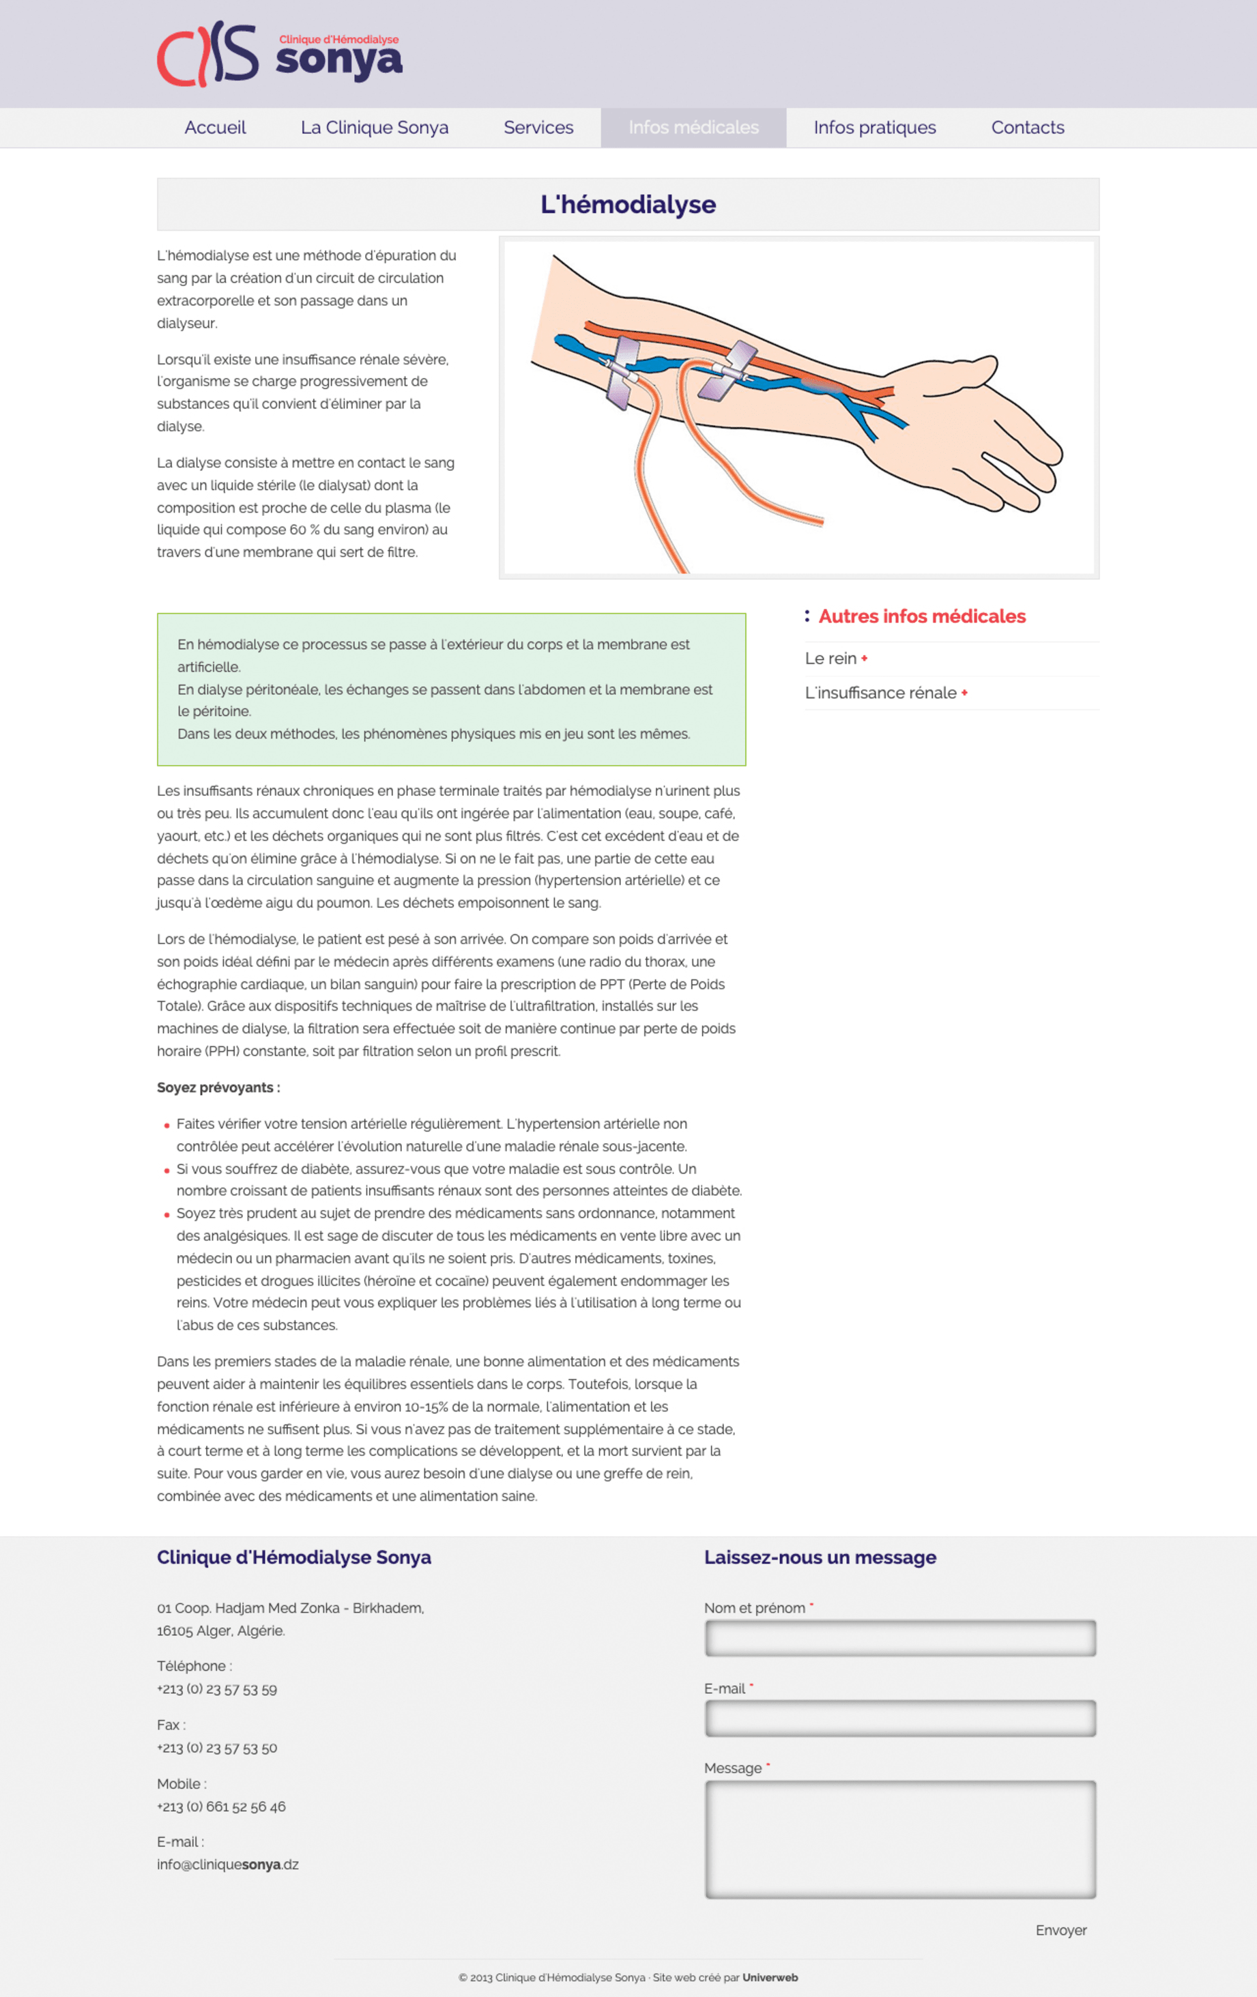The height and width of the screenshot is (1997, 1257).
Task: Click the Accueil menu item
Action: pos(215,128)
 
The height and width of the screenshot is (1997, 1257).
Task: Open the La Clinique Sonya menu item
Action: pos(374,128)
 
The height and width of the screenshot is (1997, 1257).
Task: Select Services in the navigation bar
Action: pos(538,128)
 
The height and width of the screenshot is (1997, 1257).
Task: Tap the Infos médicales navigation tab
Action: pos(693,128)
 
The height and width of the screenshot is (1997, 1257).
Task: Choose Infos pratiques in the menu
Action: pos(874,128)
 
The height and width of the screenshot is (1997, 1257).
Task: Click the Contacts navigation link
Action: pos(1027,128)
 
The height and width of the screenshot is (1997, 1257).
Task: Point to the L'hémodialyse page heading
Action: pos(628,205)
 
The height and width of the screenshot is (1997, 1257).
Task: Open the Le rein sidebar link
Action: pos(830,659)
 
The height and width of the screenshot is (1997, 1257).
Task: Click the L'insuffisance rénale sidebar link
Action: pos(880,693)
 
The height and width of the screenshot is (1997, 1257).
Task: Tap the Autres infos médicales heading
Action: pos(921,616)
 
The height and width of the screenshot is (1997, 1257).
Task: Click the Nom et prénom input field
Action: pos(899,1638)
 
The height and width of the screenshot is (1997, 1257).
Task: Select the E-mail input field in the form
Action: pos(899,1719)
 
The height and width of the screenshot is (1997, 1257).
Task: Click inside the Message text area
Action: pos(899,1839)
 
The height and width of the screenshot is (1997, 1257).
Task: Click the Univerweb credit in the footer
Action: pos(770,1977)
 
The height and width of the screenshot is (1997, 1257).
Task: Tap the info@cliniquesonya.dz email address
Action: pos(227,1865)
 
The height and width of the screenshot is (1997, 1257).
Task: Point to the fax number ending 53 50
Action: pos(217,1747)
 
